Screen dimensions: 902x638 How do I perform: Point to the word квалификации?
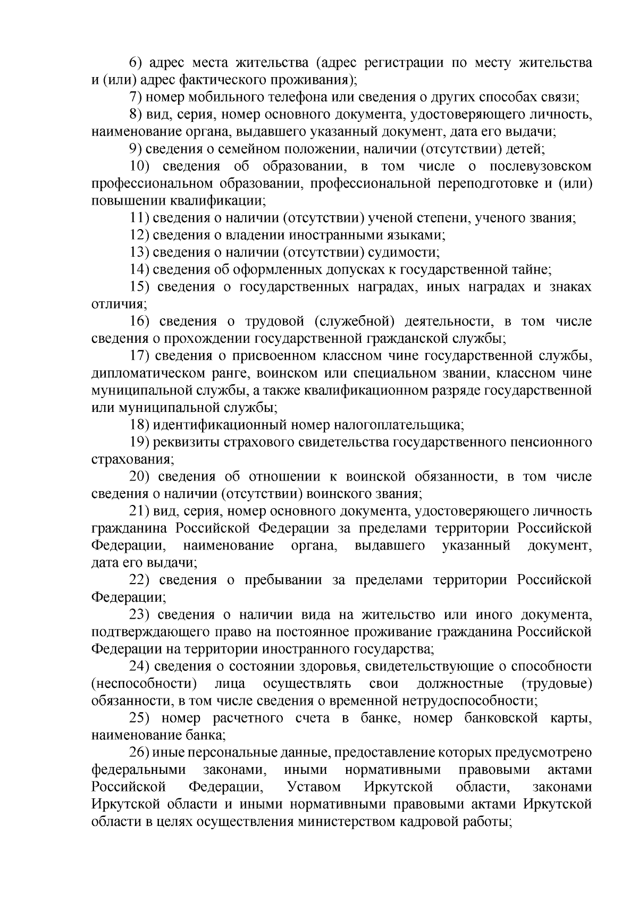[x=217, y=201]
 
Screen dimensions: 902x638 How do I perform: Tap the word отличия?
[x=118, y=305]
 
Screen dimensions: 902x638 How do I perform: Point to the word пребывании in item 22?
[x=283, y=580]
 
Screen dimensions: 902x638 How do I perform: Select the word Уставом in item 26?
[x=313, y=787]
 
